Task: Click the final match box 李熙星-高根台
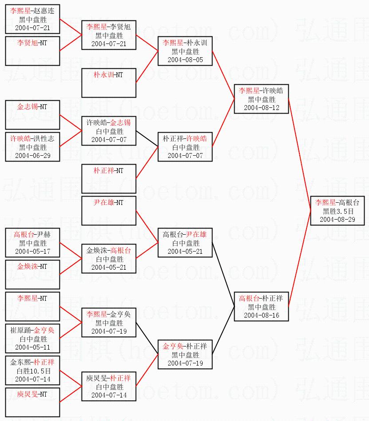pyautogui.click(x=340, y=210)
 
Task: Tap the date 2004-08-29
pyautogui.click(x=340, y=219)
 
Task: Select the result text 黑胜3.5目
pyautogui.click(x=340, y=211)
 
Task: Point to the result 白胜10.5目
pyautogui.click(x=32, y=371)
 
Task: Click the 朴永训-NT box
pyautogui.click(x=108, y=83)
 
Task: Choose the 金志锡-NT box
pyautogui.click(x=32, y=115)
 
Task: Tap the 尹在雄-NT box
pyautogui.click(x=108, y=211)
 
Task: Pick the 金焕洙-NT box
pyautogui.click(x=32, y=275)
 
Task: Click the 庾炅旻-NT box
pyautogui.click(x=32, y=402)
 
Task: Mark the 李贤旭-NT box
pyautogui.click(x=32, y=51)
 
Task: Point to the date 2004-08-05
pyautogui.click(x=185, y=59)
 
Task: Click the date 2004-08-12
pyautogui.click(x=261, y=107)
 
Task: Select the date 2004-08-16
pyautogui.click(x=261, y=315)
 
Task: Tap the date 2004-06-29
pyautogui.click(x=32, y=155)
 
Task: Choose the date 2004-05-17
pyautogui.click(x=32, y=251)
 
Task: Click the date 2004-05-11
pyautogui.click(x=32, y=347)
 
